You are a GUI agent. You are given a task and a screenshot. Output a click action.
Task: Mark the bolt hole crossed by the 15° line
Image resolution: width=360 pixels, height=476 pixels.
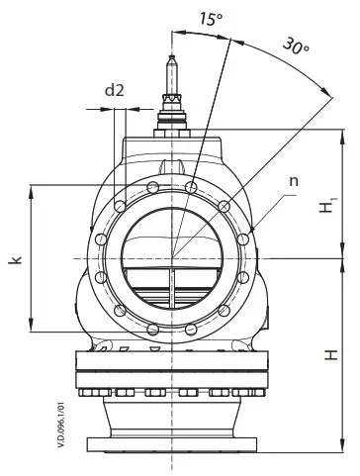(x=194, y=185)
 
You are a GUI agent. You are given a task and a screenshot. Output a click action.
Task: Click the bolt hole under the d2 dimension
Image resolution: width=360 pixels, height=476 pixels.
(x=120, y=206)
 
